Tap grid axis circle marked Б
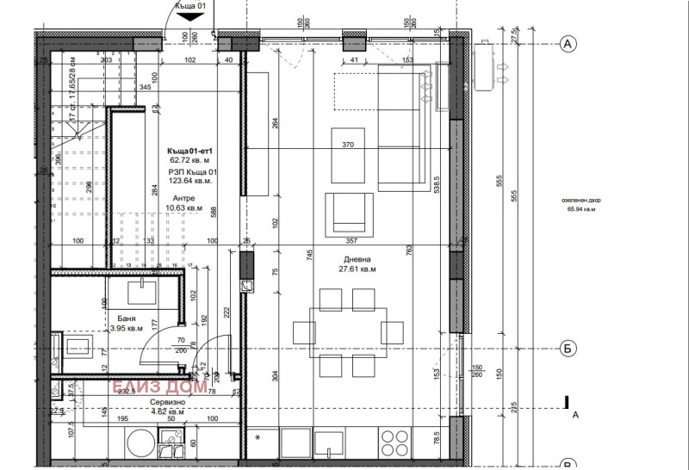click(x=567, y=348)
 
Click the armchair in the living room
click(x=349, y=213)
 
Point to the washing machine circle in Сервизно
click(x=140, y=446)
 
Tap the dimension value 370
click(x=348, y=145)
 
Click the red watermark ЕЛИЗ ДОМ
click(x=158, y=387)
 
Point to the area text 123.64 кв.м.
click(x=191, y=182)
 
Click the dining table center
click(x=348, y=332)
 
